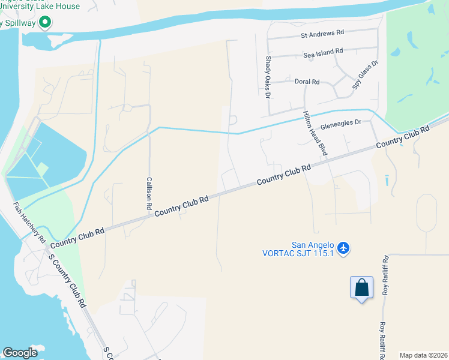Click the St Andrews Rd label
point(322,35)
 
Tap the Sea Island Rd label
point(323,54)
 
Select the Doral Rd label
point(307,81)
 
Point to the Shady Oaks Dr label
point(268,77)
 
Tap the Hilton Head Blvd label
point(315,134)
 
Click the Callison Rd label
point(149,193)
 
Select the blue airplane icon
point(343,247)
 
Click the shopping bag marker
point(361,287)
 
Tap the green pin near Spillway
point(44,23)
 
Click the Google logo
point(20,353)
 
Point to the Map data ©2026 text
point(423,355)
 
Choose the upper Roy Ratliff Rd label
point(385,276)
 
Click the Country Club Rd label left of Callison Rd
point(77,238)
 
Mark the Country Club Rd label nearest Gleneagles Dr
point(403,137)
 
